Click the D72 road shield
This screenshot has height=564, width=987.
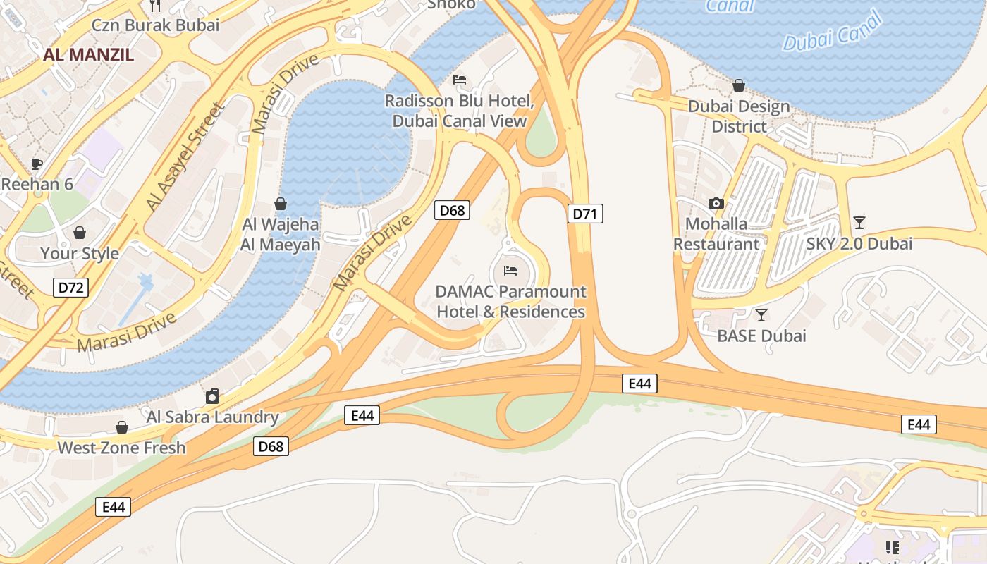pyautogui.click(x=70, y=287)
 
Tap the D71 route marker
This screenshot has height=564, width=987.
pyautogui.click(x=585, y=214)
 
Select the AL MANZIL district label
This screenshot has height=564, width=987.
pyautogui.click(x=88, y=54)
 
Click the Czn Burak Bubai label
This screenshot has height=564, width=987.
pyautogui.click(x=156, y=25)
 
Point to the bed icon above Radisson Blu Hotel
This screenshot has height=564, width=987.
pyautogui.click(x=460, y=79)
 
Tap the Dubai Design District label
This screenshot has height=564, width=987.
pyautogui.click(x=739, y=117)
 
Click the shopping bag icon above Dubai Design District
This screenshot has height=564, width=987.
pyautogui.click(x=739, y=85)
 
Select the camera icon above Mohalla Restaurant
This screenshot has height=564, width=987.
pyautogui.click(x=716, y=203)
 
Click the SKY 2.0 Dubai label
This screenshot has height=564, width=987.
pyautogui.click(x=859, y=244)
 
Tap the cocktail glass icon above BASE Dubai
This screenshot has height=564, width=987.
pyautogui.click(x=761, y=314)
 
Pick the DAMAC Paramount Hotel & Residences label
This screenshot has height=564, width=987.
pyautogui.click(x=511, y=302)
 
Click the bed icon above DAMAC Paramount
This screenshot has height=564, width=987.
pyautogui.click(x=510, y=270)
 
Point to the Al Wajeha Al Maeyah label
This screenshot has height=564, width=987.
pyautogui.click(x=281, y=235)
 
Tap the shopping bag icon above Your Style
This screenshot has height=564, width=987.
pyautogui.click(x=80, y=232)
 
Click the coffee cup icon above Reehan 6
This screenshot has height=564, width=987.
pyautogui.click(x=37, y=164)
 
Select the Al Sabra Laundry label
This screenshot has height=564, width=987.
pyautogui.click(x=212, y=417)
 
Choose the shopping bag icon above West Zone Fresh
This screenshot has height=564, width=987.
pyautogui.click(x=122, y=427)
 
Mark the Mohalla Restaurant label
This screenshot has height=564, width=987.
pyautogui.click(x=716, y=234)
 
